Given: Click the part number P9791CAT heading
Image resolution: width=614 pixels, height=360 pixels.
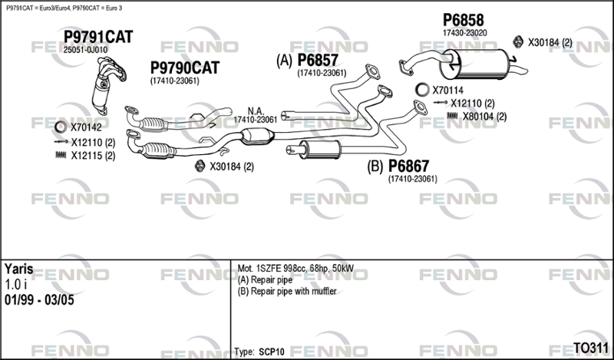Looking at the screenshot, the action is point(98,37).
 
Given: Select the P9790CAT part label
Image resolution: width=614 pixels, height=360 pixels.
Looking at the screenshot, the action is point(185,68).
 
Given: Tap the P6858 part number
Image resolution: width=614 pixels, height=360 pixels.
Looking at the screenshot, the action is point(464,20).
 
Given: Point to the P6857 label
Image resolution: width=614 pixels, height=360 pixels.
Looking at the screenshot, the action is point(318,60).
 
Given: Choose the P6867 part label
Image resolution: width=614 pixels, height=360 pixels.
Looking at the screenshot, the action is point(409,166).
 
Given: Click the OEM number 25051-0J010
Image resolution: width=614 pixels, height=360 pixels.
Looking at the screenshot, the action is point(85,50).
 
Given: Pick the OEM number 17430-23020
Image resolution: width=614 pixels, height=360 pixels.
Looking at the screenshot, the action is point(465,33).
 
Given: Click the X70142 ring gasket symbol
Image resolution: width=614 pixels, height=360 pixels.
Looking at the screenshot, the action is point(61,127).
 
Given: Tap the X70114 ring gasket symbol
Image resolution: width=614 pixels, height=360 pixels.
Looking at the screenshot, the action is point(421,90).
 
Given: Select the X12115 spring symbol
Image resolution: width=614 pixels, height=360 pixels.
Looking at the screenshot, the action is point(61,155).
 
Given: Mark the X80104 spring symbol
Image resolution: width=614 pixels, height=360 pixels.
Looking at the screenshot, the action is point(452,116).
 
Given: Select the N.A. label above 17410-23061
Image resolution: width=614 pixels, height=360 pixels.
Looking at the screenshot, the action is point(256,111).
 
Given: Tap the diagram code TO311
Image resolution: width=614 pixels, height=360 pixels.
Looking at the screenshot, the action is point(590,348).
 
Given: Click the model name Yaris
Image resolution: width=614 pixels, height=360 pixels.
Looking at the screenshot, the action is point(18,269).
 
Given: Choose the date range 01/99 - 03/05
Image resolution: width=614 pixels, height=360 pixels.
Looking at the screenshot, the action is point(39,300).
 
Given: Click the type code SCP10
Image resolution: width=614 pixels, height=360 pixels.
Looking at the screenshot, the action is point(272,352).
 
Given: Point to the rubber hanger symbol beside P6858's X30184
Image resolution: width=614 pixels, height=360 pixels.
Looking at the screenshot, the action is point(518,41).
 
